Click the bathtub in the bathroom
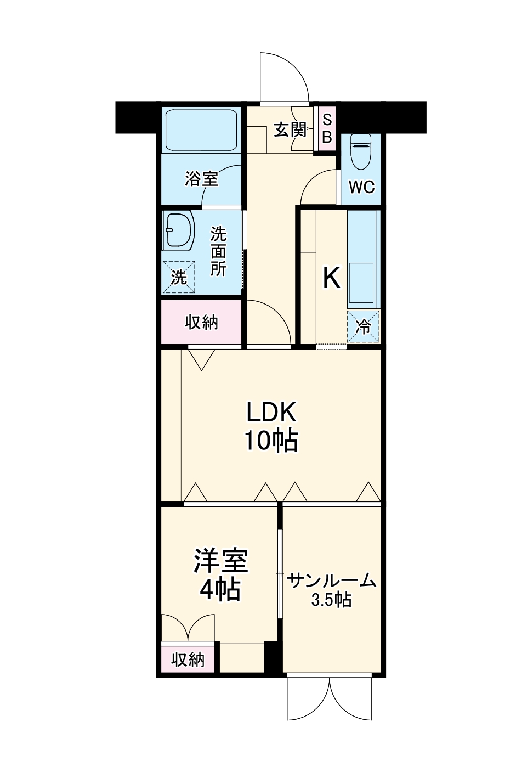(201, 130)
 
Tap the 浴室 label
(201, 179)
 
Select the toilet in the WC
(361, 151)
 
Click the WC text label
(361, 187)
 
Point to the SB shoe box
(327, 128)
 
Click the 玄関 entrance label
(290, 130)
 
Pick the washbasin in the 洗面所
(179, 230)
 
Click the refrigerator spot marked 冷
(363, 326)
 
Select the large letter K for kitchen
(331, 278)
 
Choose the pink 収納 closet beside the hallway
(201, 323)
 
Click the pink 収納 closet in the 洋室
(188, 659)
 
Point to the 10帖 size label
(271, 440)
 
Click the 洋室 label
(220, 560)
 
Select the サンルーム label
(332, 580)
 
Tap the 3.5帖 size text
(331, 600)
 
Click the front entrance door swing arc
(284, 77)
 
